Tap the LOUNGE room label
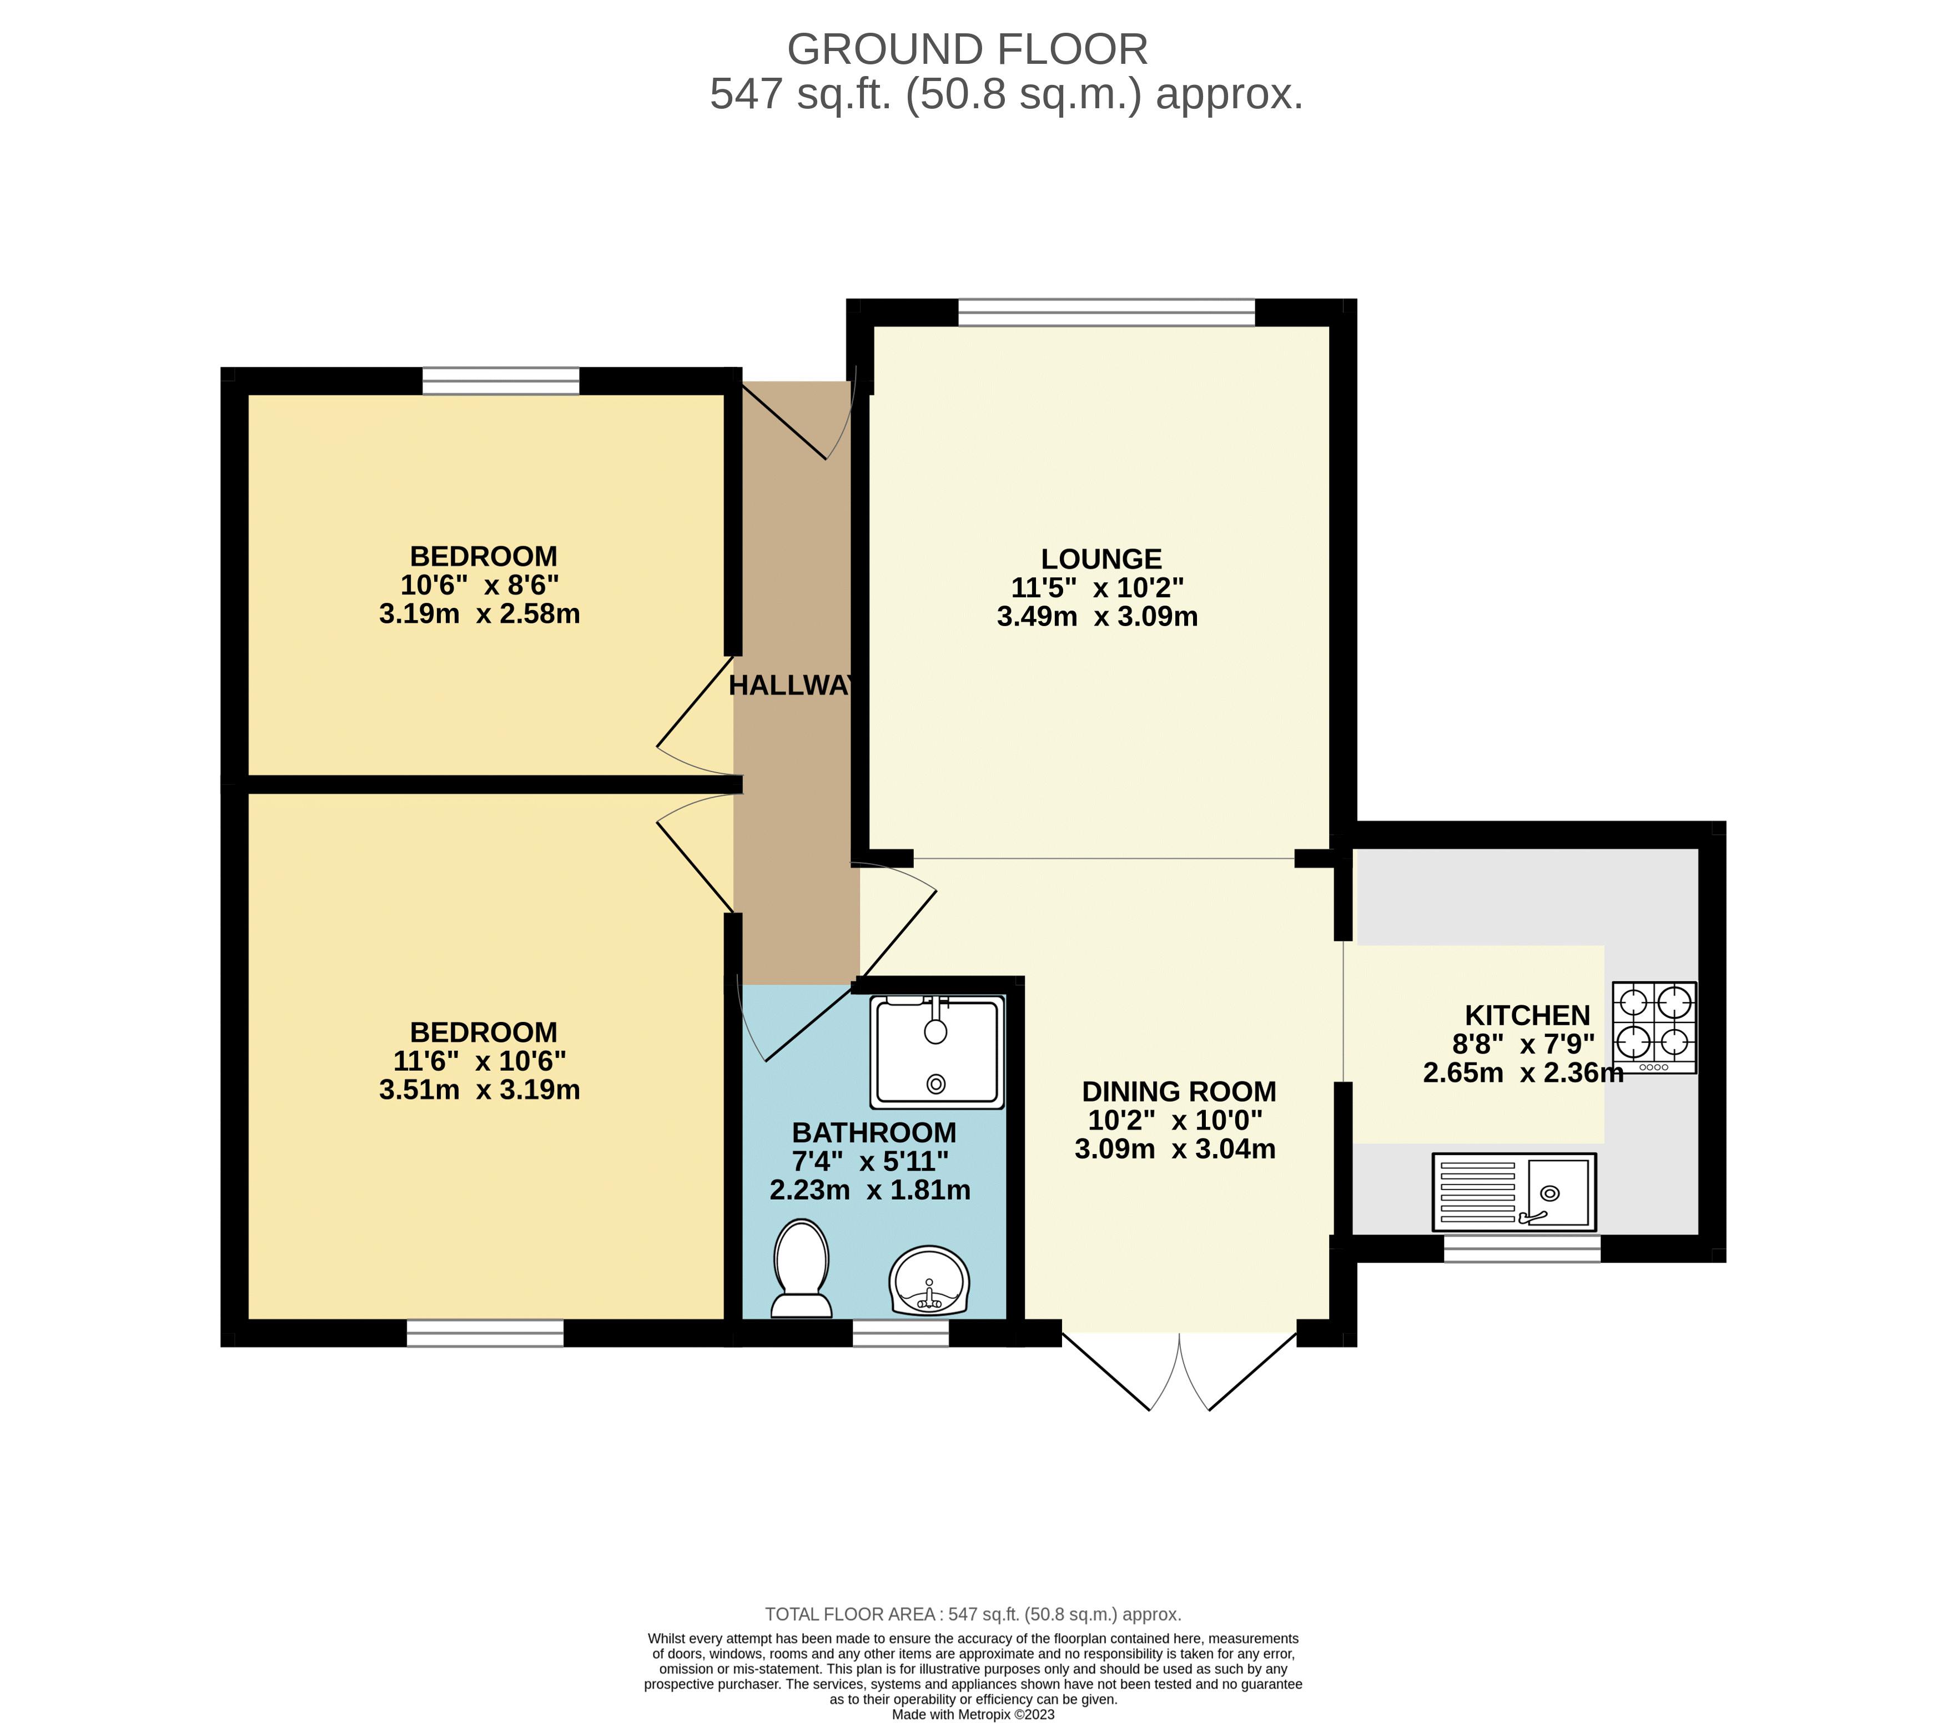[x=1101, y=559]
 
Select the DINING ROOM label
[x=1178, y=1091]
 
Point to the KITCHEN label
[x=1527, y=1015]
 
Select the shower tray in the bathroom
[x=937, y=1051]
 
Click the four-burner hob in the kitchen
[x=1654, y=1027]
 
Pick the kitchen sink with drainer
[x=1513, y=1192]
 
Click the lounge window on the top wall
[x=1106, y=313]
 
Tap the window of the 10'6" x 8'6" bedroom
[x=501, y=381]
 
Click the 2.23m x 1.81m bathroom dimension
[x=869, y=1191]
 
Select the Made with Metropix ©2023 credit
[x=973, y=1715]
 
